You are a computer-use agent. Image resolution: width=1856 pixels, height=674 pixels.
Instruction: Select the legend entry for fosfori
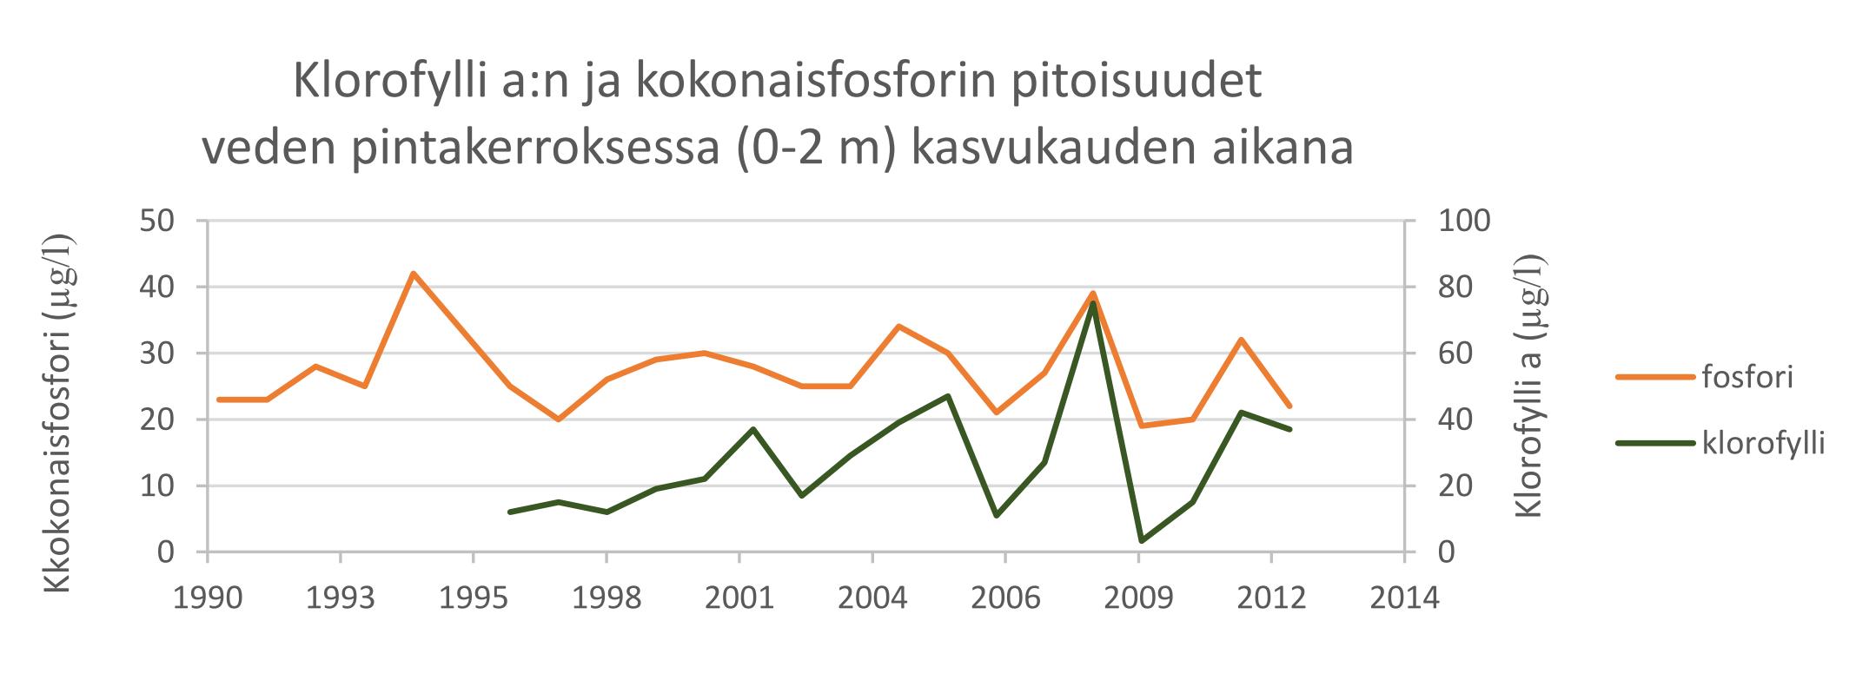[1747, 378]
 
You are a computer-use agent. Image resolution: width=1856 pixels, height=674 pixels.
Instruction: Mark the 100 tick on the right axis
[1464, 221]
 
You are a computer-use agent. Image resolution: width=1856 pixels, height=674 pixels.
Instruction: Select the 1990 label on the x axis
[208, 599]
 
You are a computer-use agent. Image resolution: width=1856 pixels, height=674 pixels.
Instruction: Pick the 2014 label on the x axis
[1403, 599]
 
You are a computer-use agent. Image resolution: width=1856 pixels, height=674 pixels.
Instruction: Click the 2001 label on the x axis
[739, 599]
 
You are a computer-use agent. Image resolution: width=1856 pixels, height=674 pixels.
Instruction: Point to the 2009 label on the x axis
[1138, 599]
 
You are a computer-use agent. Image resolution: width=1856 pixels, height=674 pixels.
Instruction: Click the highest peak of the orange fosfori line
[413, 274]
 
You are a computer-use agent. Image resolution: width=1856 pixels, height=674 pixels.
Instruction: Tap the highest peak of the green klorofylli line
[1093, 304]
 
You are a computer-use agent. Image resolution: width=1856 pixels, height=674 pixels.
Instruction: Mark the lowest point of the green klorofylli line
[1141, 541]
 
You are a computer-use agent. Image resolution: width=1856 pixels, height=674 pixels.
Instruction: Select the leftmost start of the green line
[510, 512]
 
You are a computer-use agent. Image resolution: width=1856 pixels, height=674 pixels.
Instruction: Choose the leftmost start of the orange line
[219, 400]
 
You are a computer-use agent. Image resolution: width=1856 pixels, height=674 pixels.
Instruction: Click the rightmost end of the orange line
[1289, 406]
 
